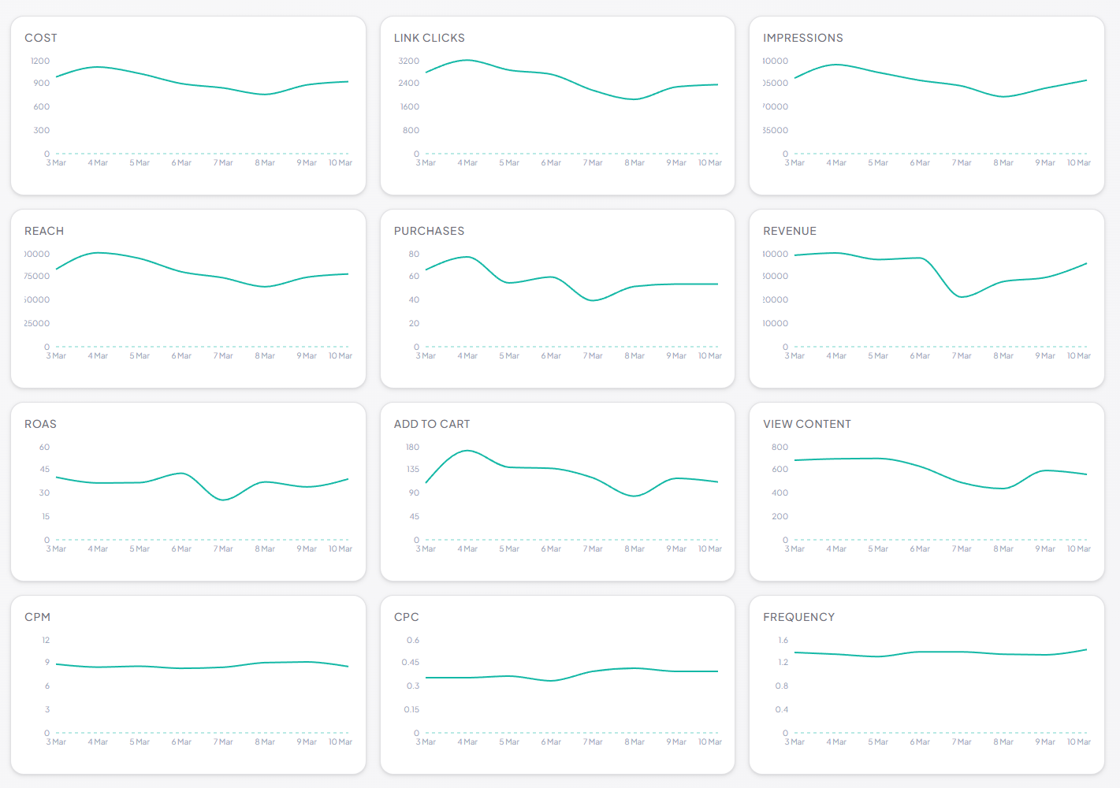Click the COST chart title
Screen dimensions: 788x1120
coord(41,38)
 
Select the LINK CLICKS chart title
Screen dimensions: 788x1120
coord(429,38)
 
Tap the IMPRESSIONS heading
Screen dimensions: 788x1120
coord(802,38)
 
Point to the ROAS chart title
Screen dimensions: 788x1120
coord(40,424)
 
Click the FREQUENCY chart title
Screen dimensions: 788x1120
coord(798,617)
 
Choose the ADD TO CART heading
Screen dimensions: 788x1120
coord(431,424)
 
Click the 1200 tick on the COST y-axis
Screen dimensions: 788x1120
coord(40,61)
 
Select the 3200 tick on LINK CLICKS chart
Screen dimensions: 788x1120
coord(408,61)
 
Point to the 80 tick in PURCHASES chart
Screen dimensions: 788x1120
coord(414,254)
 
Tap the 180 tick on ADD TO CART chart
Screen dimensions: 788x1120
coord(412,447)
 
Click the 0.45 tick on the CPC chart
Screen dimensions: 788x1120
coord(410,662)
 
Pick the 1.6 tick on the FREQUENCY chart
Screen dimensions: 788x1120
coord(783,640)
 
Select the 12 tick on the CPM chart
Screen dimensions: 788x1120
coord(46,640)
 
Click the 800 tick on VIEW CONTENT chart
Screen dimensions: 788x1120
coord(780,447)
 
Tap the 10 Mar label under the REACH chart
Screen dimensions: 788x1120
coord(340,356)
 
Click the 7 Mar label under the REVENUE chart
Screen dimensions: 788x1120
coord(962,356)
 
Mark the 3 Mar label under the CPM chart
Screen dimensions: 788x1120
coord(56,742)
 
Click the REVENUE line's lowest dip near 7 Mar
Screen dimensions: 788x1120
coord(961,297)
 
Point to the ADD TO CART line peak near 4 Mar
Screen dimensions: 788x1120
coord(467,451)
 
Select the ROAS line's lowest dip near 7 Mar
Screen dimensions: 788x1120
coord(224,500)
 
